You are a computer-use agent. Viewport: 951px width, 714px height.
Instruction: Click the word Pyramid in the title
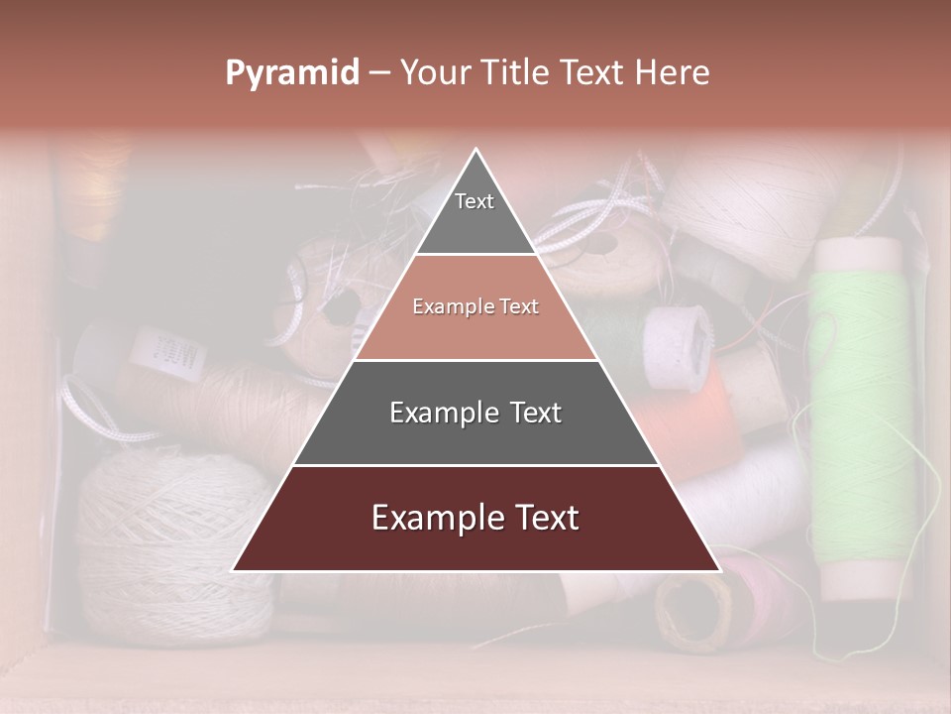click(x=292, y=72)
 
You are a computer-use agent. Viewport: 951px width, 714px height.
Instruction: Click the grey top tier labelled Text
click(x=475, y=213)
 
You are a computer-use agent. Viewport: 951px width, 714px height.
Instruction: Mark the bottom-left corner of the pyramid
click(x=234, y=570)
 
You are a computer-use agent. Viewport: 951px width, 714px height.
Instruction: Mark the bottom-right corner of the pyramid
click(x=719, y=570)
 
